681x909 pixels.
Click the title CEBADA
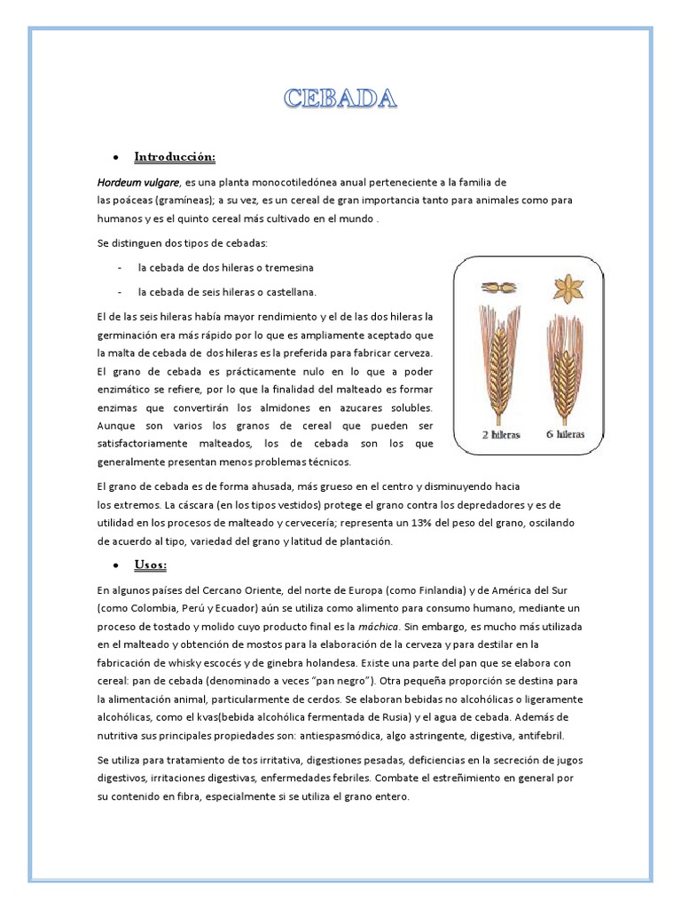point(340,98)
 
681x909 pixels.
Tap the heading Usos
point(150,565)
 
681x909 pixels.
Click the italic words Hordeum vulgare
point(138,183)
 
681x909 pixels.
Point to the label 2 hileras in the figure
point(500,435)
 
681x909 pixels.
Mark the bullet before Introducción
point(117,158)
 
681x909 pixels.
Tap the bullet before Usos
point(117,565)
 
